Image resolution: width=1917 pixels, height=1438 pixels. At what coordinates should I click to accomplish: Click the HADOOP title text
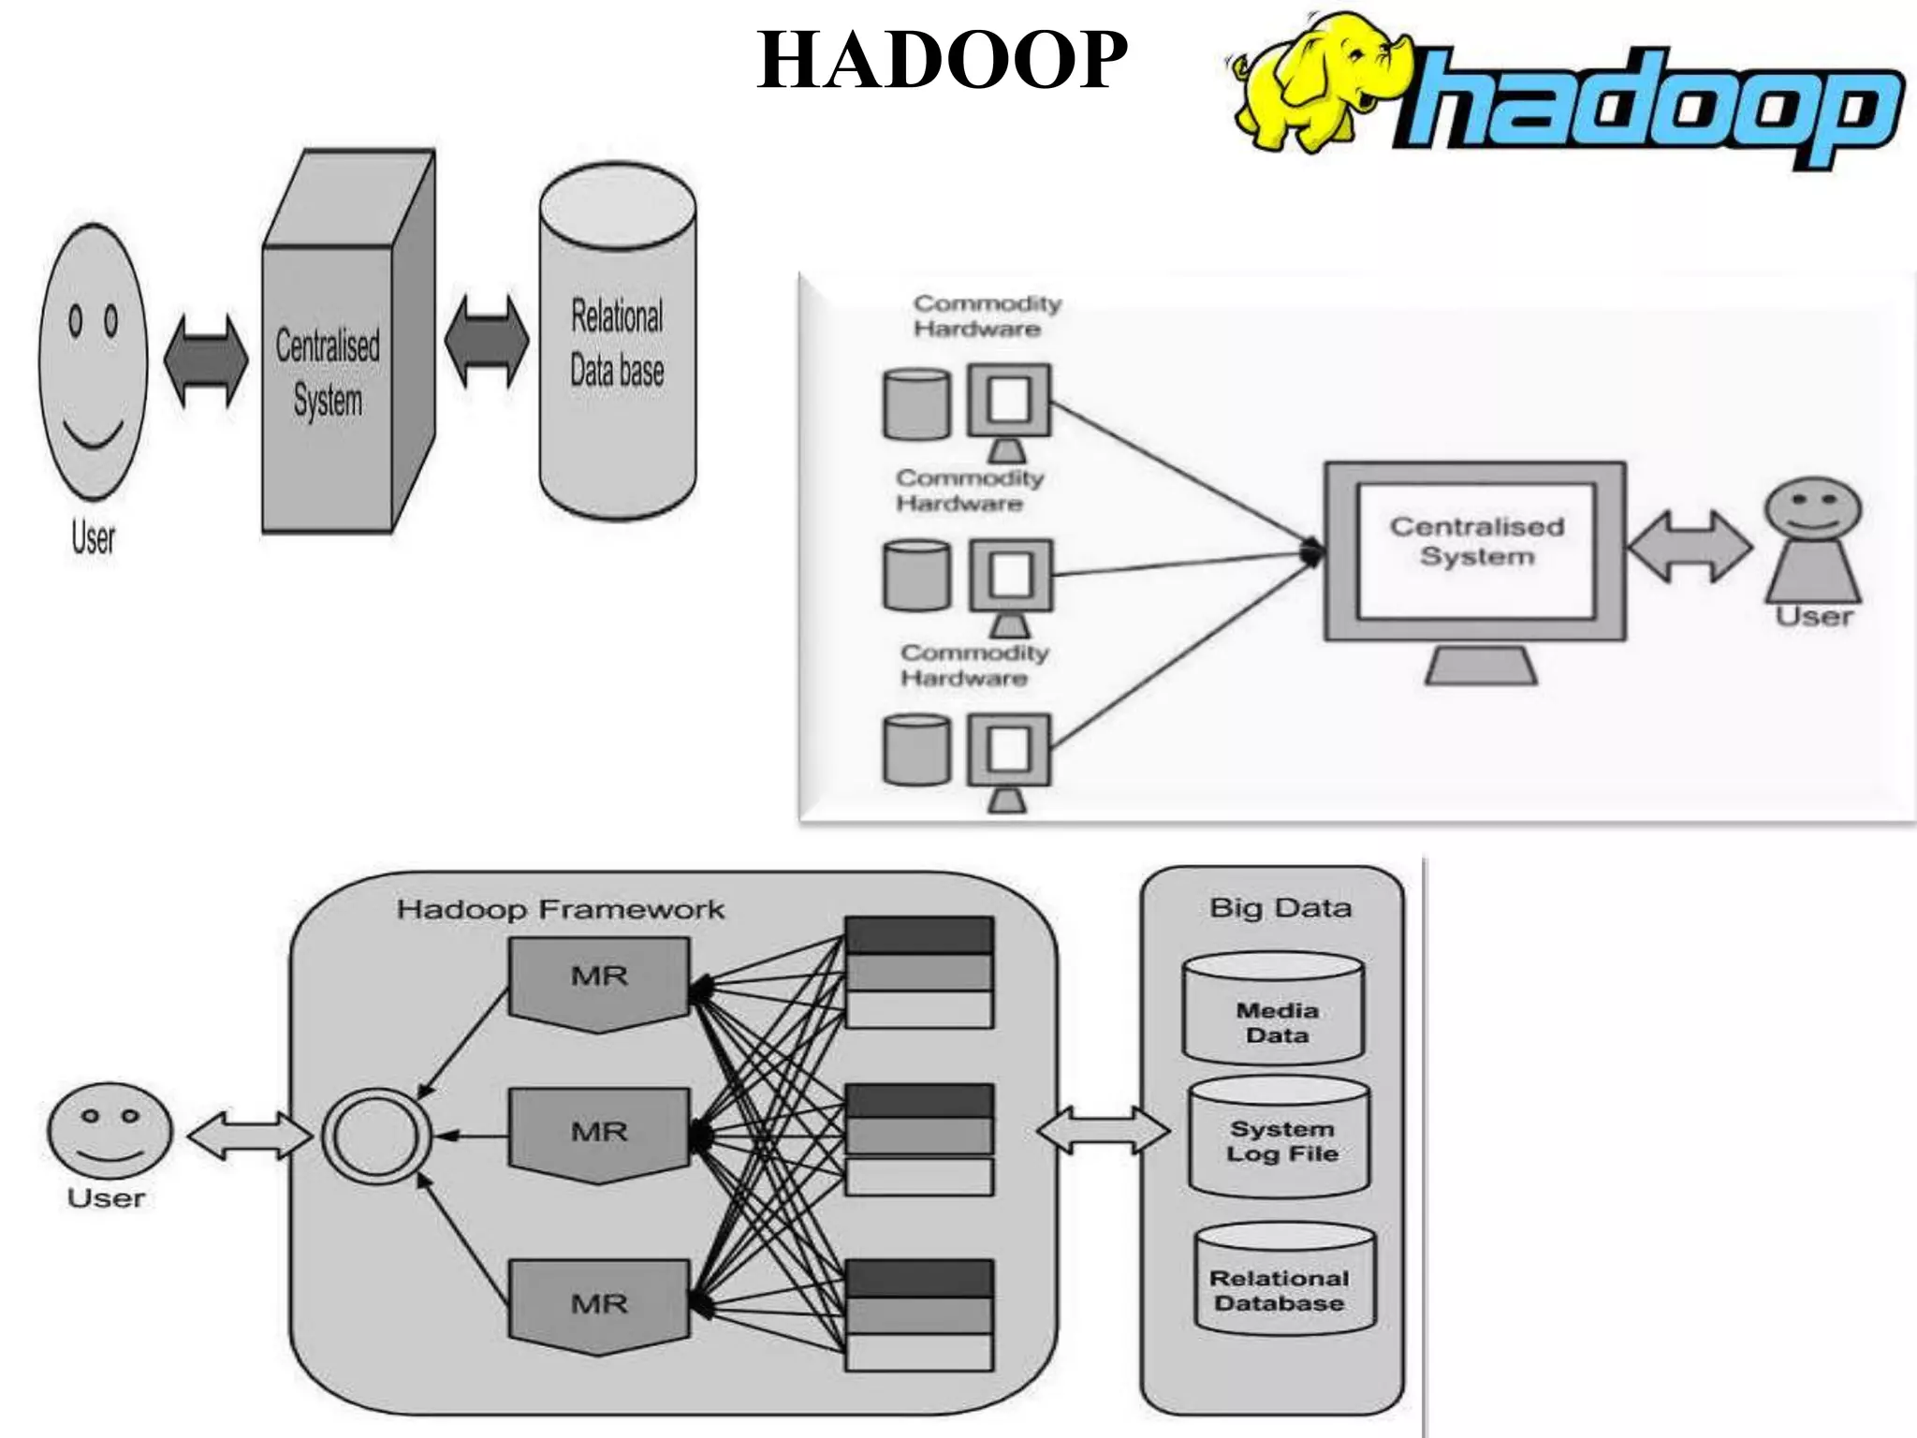(942, 60)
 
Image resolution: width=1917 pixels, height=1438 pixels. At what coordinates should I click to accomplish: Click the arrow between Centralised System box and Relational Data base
(486, 343)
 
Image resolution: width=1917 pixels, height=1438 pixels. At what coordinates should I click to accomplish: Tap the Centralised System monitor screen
(1476, 550)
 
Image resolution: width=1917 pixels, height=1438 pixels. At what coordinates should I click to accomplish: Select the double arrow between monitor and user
(1689, 547)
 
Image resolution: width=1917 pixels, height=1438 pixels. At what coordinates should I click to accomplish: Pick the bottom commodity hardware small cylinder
(915, 749)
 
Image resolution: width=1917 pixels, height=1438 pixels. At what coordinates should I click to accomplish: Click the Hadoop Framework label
(560, 909)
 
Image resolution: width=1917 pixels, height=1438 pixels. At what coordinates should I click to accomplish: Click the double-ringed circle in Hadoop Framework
(376, 1137)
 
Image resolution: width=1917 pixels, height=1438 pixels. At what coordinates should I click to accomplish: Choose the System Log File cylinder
(1280, 1138)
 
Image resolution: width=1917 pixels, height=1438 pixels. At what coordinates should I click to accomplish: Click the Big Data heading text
(1280, 907)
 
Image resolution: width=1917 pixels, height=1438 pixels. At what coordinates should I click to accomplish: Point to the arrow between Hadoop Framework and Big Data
(1103, 1131)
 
